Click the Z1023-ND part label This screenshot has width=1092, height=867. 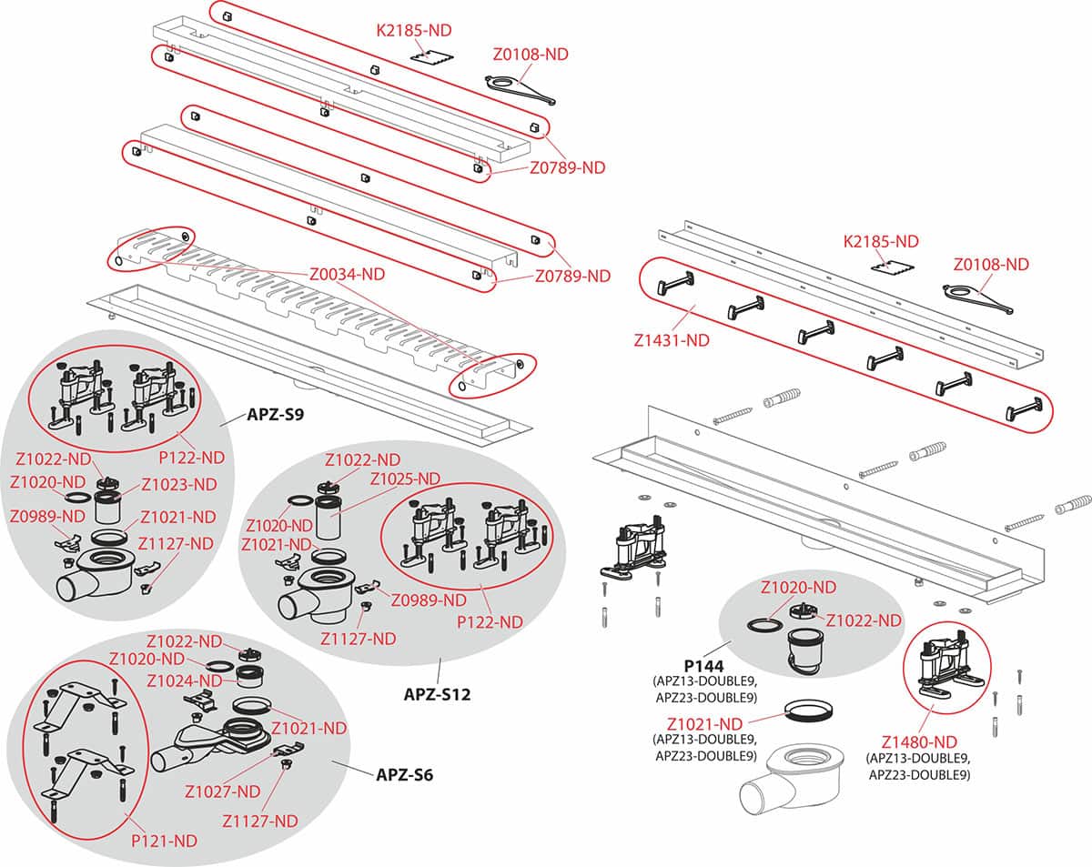click(179, 484)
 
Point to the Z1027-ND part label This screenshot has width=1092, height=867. click(222, 791)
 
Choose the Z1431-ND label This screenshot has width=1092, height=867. click(672, 342)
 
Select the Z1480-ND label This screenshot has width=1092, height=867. click(918, 741)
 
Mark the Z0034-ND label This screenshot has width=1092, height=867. click(347, 274)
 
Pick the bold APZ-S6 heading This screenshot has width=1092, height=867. click(405, 776)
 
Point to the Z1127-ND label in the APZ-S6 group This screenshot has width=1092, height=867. click(260, 821)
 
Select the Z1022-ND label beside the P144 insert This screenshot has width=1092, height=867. click(864, 620)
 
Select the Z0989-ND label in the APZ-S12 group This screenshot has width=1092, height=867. click(429, 600)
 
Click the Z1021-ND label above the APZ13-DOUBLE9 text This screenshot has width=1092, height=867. click(704, 724)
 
